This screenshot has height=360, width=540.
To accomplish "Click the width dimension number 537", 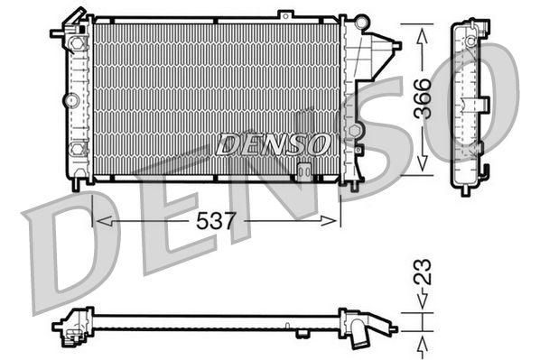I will tap(216, 219).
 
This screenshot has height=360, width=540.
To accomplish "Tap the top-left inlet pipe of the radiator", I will tap(63, 32).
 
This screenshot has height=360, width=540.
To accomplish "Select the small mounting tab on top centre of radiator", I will tap(285, 14).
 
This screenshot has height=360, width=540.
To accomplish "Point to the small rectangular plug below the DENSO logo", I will tap(304, 168).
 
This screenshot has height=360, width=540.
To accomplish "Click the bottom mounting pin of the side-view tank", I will tap(465, 189).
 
